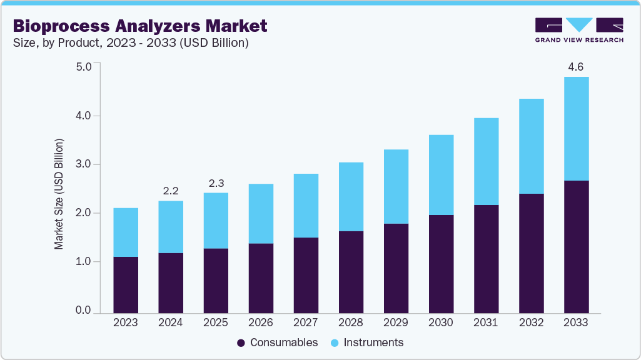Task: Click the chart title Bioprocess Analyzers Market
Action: (x=139, y=26)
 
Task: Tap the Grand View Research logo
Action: (x=579, y=30)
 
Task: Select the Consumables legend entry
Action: (x=278, y=342)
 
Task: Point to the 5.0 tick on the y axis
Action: (x=83, y=66)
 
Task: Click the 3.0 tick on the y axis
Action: (x=83, y=164)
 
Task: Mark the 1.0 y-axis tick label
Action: (x=83, y=262)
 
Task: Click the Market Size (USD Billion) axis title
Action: (x=59, y=194)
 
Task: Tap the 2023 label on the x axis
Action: (x=126, y=322)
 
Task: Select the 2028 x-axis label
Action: (x=351, y=322)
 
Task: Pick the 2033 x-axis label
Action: (x=576, y=322)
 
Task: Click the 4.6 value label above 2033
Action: (x=576, y=66)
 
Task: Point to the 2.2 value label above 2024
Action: (x=171, y=190)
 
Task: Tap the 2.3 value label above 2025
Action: (x=216, y=182)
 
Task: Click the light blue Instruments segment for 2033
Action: (x=576, y=129)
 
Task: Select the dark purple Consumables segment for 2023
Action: (x=126, y=284)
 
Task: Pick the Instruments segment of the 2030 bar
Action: (x=441, y=175)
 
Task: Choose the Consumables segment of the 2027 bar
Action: (x=306, y=275)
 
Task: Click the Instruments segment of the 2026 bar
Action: (x=261, y=214)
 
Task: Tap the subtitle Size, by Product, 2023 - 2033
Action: (x=131, y=43)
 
